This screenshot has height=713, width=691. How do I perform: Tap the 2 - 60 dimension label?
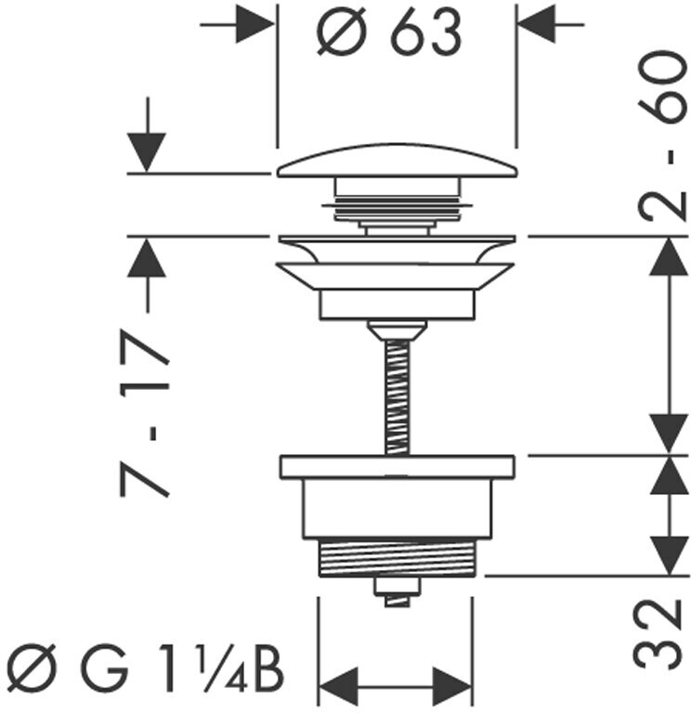click(661, 136)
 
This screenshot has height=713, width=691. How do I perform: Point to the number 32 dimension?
click(658, 634)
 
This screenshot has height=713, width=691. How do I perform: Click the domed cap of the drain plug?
click(398, 161)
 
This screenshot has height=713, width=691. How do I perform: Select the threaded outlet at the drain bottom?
click(398, 557)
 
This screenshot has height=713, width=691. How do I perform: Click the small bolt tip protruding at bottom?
click(398, 602)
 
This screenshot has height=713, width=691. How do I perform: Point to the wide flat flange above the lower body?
click(398, 466)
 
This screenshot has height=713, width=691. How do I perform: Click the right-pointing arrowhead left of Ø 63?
click(255, 24)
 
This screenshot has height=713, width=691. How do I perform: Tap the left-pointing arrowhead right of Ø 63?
click(538, 24)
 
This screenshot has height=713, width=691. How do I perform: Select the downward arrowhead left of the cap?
click(146, 153)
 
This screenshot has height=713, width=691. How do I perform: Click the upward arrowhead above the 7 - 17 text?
click(146, 257)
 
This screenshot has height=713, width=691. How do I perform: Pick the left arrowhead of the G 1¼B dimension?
click(339, 686)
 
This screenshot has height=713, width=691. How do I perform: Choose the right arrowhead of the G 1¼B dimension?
click(452, 686)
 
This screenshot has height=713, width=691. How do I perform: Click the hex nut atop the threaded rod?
click(398, 331)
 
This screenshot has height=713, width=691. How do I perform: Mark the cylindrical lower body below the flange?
click(398, 508)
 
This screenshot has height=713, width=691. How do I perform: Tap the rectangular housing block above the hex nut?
click(398, 305)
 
